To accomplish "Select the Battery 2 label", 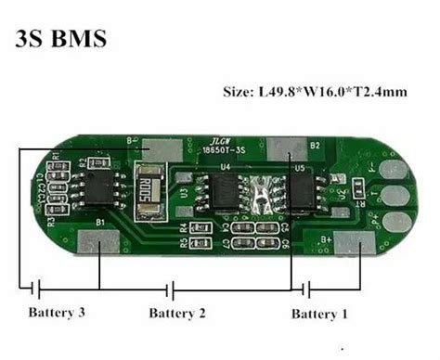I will pyautogui.click(x=176, y=314).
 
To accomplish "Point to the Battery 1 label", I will pyautogui.click(x=319, y=314).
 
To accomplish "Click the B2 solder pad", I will pyautogui.click(x=288, y=147).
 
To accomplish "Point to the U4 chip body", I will pyautogui.click(x=224, y=191).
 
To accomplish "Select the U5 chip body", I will pyautogui.click(x=303, y=192).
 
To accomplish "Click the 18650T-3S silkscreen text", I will pyautogui.click(x=213, y=148).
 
